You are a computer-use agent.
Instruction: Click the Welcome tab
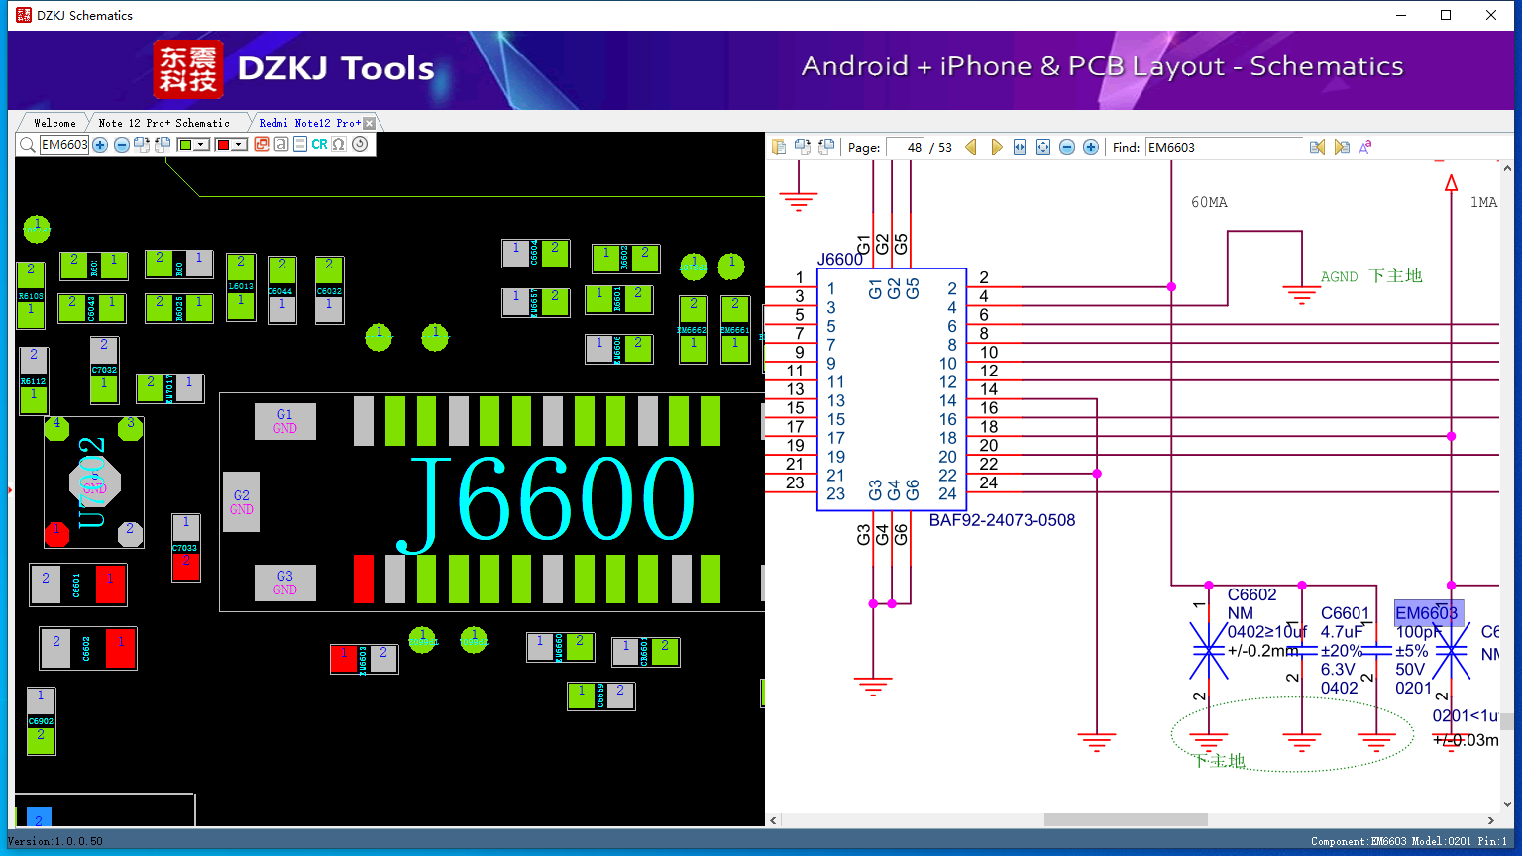pos(54,123)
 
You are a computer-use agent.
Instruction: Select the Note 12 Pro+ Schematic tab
pos(163,123)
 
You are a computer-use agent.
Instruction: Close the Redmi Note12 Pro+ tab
pos(370,123)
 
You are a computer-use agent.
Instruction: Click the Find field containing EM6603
pos(1224,147)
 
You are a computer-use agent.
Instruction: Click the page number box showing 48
pos(906,147)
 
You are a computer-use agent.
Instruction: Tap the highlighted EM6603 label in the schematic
pos(1427,613)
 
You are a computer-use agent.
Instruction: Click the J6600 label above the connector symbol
pos(840,259)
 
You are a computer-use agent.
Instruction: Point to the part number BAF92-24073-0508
pos(1002,520)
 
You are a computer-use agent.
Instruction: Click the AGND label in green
pos(1339,277)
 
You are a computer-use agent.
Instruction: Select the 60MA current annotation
pos(1209,202)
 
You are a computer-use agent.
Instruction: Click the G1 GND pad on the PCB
pos(285,421)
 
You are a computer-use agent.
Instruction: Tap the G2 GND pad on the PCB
pos(242,502)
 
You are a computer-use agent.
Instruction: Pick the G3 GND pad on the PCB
pos(285,583)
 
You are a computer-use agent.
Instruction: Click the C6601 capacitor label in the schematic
pos(1345,613)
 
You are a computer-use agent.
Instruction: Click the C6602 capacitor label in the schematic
pos(1251,594)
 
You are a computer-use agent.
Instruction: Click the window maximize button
pos(1446,15)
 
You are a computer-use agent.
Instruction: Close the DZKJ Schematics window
pos(1491,15)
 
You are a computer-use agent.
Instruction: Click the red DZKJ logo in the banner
pos(187,68)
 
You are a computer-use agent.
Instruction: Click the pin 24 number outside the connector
pos(988,482)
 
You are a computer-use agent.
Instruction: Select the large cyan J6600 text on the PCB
pos(550,500)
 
